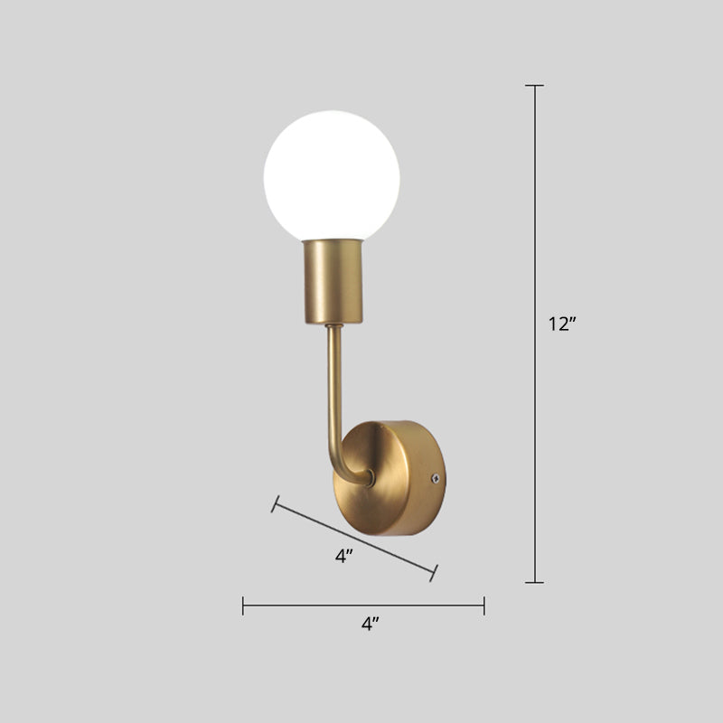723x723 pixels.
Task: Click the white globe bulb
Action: pyautogui.click(x=332, y=175)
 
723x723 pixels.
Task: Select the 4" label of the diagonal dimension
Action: pyautogui.click(x=343, y=557)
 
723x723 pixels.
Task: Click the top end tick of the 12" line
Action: pyautogui.click(x=535, y=86)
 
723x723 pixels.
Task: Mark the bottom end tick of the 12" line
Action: pyautogui.click(x=535, y=582)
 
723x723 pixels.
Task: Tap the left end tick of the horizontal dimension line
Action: pyautogui.click(x=243, y=606)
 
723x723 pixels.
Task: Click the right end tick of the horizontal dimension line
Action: pyautogui.click(x=484, y=606)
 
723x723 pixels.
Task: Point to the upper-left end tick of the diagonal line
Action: pyautogui.click(x=275, y=503)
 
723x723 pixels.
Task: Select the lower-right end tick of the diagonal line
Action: pyautogui.click(x=436, y=571)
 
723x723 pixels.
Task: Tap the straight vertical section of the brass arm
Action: pyautogui.click(x=330, y=380)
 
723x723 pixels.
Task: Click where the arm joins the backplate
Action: pyautogui.click(x=368, y=479)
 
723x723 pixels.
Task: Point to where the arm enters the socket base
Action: pyautogui.click(x=332, y=326)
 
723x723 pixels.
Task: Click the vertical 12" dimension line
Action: pyautogui.click(x=535, y=226)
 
